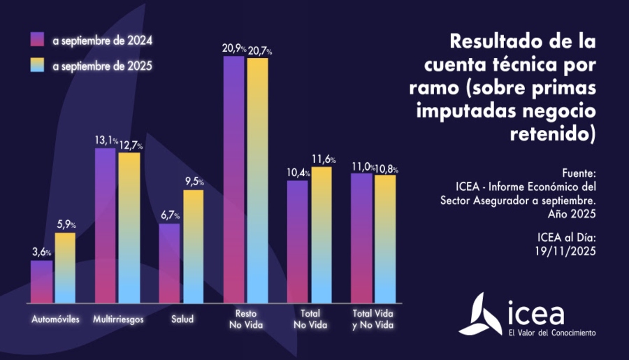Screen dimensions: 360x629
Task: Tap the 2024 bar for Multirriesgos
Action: pos(106,225)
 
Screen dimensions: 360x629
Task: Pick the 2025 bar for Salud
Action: pos(194,245)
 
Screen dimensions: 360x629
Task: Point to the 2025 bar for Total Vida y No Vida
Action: pos(386,238)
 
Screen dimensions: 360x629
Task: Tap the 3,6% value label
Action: pos(41,252)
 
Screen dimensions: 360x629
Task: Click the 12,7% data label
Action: pos(131,145)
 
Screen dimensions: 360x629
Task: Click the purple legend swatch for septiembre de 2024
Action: pos(37,39)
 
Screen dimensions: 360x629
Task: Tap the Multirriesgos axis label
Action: pos(117,319)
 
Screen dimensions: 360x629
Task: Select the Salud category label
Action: pos(182,319)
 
